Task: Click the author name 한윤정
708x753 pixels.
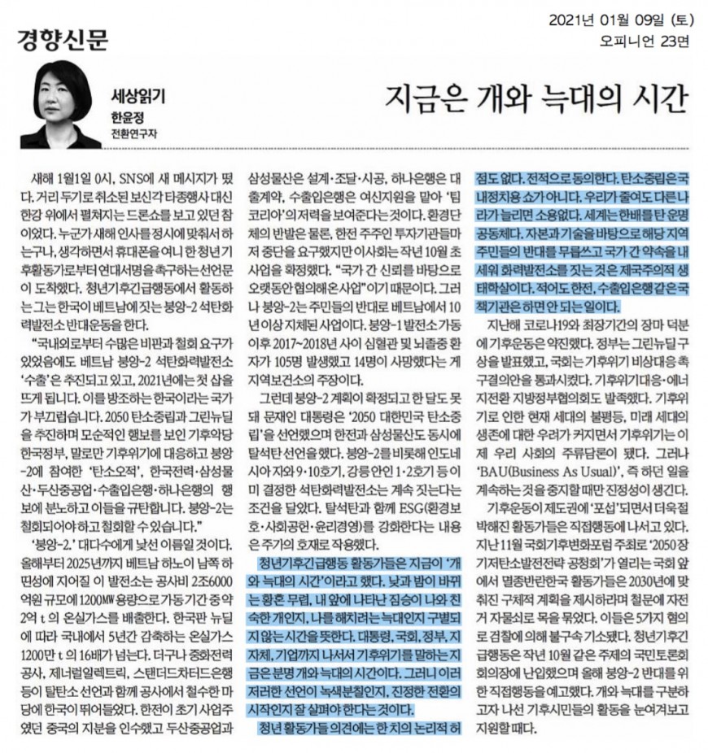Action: pos(127,116)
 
